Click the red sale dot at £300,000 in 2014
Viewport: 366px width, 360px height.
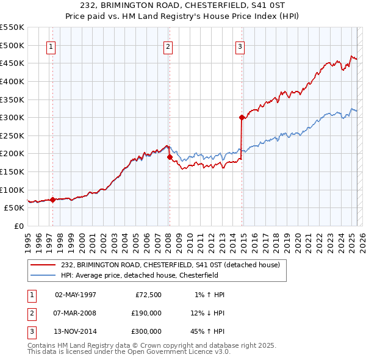pos(242,117)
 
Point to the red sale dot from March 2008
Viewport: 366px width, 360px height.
pos(170,157)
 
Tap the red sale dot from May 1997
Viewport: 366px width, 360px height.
pos(52,200)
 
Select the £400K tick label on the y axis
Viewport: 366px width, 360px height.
pos(12,81)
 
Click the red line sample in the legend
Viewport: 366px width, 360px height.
pos(43,265)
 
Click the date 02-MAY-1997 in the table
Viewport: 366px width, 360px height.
pos(76,295)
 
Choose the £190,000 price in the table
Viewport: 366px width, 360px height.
pos(146,313)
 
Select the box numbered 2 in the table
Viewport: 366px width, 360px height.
pos(31,313)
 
